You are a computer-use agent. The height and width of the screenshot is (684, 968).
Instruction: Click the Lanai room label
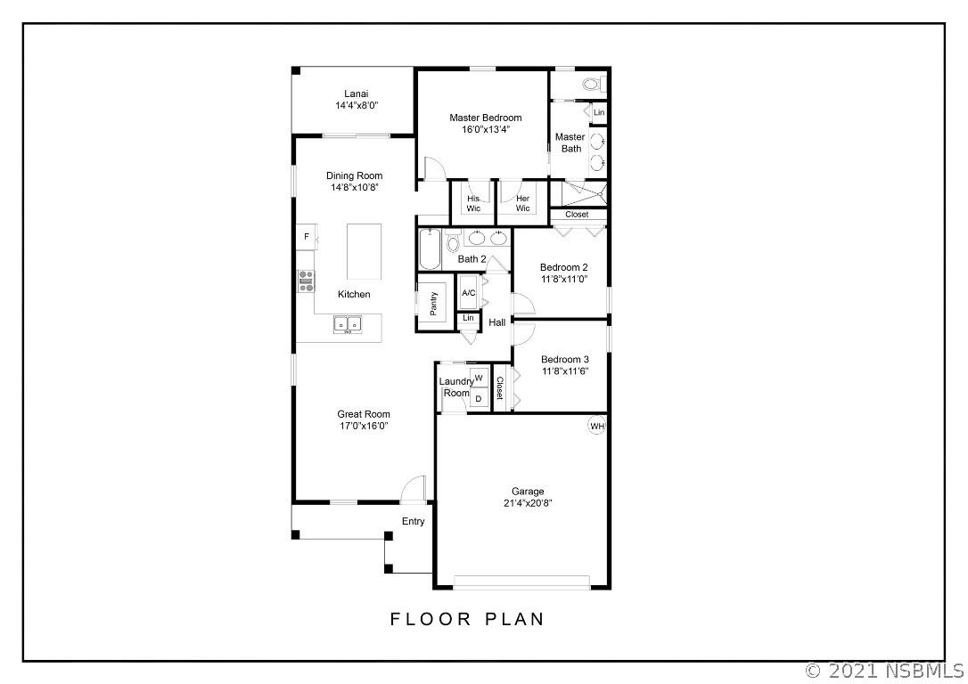tap(357, 94)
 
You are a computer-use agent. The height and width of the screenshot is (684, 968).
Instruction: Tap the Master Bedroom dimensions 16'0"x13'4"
tap(486, 129)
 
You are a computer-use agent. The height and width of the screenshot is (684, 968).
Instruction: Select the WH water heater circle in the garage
tap(597, 427)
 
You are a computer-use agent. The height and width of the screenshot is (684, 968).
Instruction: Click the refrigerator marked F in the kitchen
tap(307, 237)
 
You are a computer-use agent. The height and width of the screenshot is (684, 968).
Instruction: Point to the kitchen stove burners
tap(306, 281)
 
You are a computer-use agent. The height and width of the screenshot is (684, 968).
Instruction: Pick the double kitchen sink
tap(349, 324)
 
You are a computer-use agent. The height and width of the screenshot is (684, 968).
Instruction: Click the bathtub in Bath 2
tap(430, 249)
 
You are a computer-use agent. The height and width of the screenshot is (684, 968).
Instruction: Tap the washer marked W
tap(479, 378)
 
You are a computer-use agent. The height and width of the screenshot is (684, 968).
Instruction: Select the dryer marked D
tap(479, 398)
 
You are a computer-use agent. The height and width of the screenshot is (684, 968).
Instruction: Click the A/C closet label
tap(469, 292)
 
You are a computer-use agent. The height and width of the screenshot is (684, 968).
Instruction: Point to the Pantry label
tap(433, 304)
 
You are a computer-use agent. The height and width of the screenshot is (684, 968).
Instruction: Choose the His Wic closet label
tap(473, 204)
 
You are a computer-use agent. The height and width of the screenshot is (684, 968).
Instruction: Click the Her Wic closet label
tap(522, 204)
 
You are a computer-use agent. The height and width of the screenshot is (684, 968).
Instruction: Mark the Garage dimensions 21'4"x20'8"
tap(528, 503)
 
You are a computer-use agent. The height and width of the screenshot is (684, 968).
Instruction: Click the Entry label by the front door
tap(413, 521)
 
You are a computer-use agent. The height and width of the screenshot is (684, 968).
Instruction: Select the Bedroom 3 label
tap(565, 360)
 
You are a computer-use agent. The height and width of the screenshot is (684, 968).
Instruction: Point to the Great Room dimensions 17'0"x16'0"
tap(364, 427)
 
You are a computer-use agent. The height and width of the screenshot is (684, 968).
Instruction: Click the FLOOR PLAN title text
tap(467, 619)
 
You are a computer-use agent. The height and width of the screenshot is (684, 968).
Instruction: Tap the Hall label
tap(497, 322)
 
